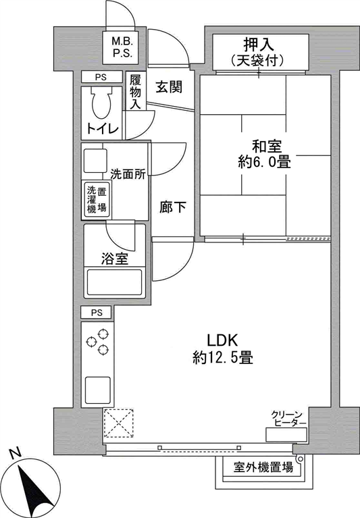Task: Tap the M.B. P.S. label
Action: coord(122,47)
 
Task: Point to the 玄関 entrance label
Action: coord(169,87)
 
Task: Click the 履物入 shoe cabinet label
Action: coord(135,91)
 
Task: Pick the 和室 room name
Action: coord(267,147)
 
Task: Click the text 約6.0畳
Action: coord(265,162)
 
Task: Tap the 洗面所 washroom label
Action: coord(128,174)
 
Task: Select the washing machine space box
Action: coord(97,200)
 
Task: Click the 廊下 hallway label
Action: coord(172,207)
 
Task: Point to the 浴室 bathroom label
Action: coord(115,259)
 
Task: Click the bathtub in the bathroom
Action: coord(114,282)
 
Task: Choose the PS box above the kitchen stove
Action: coord(97,313)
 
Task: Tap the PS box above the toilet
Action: coord(101,77)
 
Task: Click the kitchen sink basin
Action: coord(98,390)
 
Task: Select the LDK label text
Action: coord(222,340)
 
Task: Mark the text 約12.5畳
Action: coord(223,357)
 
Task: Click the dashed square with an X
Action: coord(119,423)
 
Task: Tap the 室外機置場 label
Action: coord(263,467)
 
